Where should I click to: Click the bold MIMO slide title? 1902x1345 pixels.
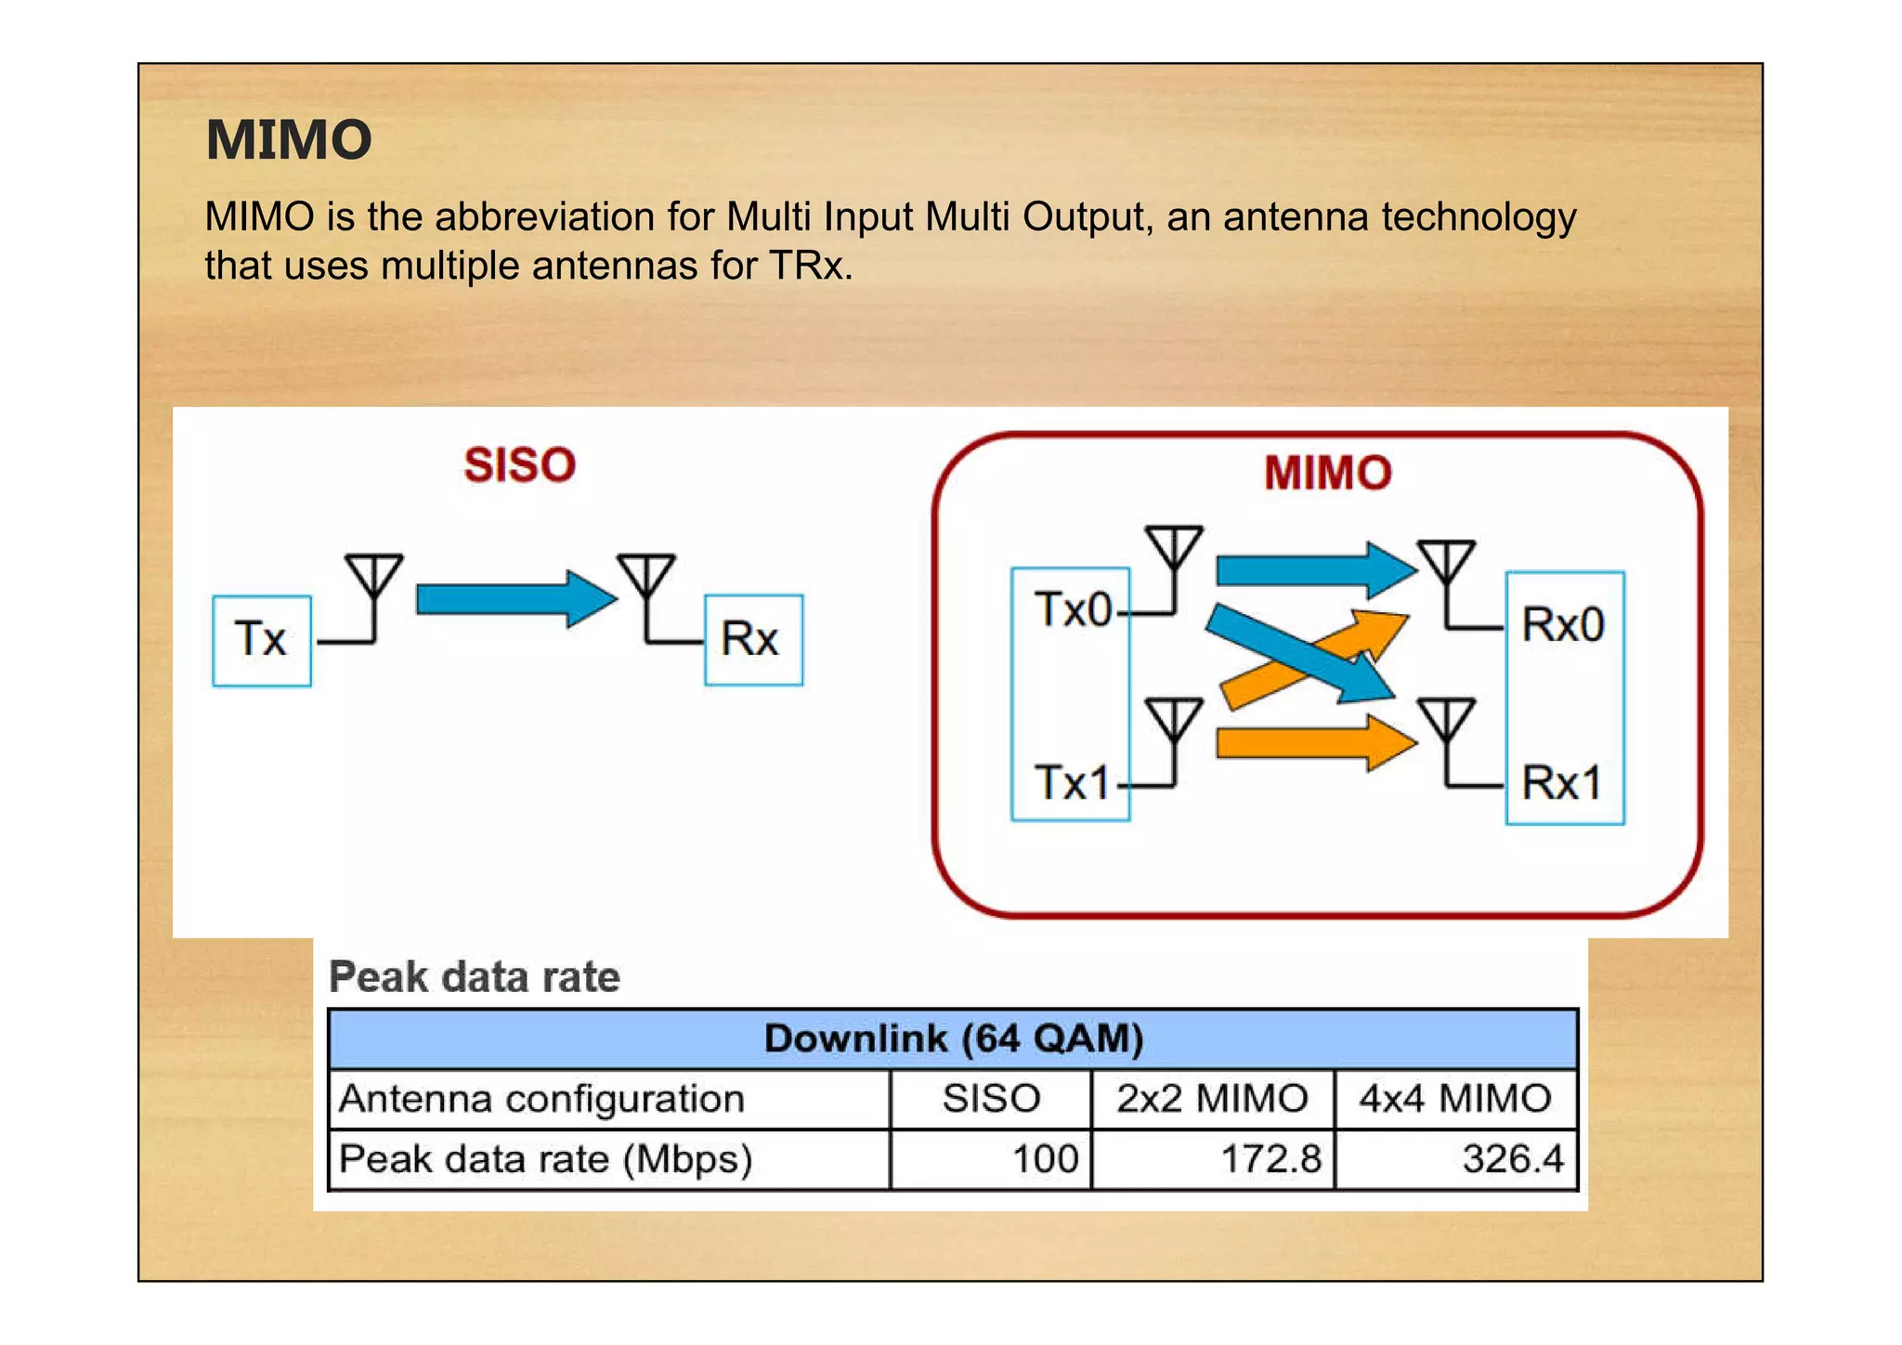(x=289, y=140)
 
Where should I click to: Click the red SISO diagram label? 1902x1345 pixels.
(x=520, y=464)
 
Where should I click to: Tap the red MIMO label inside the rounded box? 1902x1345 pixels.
(x=1327, y=473)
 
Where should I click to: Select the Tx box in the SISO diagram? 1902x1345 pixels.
(x=262, y=640)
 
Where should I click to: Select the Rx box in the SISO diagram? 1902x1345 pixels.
(x=753, y=640)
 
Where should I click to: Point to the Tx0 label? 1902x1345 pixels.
(x=1073, y=610)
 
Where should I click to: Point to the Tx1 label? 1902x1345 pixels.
(x=1073, y=782)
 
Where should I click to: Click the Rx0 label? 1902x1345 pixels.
(x=1563, y=624)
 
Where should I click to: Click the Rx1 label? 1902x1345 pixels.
(x=1562, y=782)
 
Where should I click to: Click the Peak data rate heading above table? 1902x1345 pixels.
(x=475, y=977)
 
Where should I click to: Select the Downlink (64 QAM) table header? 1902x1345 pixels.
(x=953, y=1038)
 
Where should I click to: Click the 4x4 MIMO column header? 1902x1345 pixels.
(x=1455, y=1099)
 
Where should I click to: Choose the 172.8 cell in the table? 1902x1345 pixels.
(x=1270, y=1159)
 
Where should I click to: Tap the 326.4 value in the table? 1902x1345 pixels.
(x=1513, y=1159)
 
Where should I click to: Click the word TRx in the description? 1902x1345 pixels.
(x=809, y=266)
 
